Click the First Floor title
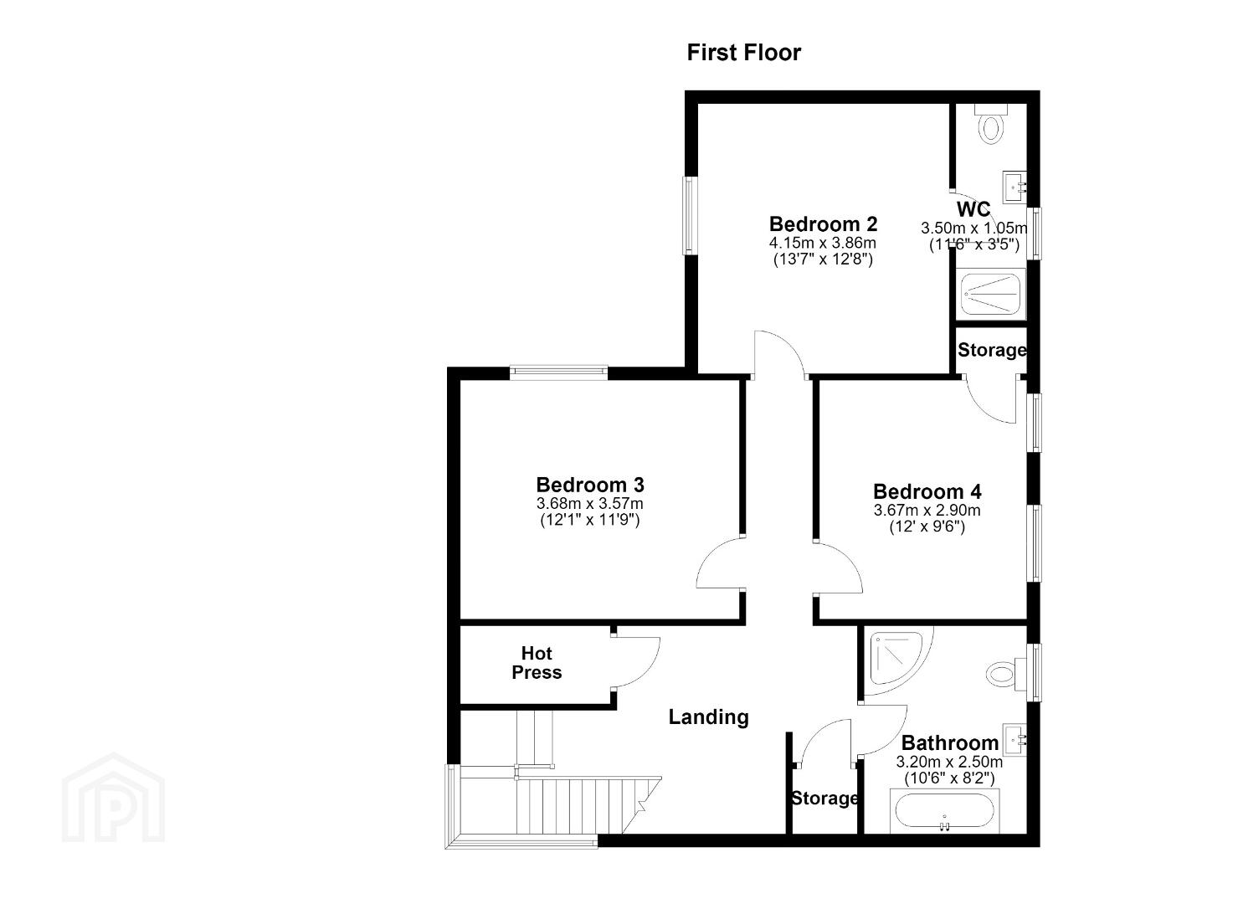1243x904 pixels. (x=743, y=53)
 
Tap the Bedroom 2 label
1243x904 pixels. (x=823, y=224)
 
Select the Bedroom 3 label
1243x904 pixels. (x=590, y=485)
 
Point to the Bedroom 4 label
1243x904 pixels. (x=927, y=491)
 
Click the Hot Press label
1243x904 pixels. (x=537, y=663)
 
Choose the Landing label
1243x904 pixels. (x=709, y=717)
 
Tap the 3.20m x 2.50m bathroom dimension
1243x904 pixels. (x=949, y=762)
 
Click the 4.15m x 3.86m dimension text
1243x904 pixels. (x=822, y=243)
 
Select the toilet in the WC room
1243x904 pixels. (x=991, y=124)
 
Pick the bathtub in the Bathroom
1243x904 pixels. (x=944, y=811)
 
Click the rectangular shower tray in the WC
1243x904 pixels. (x=991, y=294)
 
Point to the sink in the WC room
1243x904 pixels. (x=1014, y=187)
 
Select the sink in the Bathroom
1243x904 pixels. (x=1015, y=740)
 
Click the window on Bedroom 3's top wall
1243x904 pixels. (x=559, y=372)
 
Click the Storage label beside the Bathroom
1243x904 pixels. (x=824, y=799)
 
